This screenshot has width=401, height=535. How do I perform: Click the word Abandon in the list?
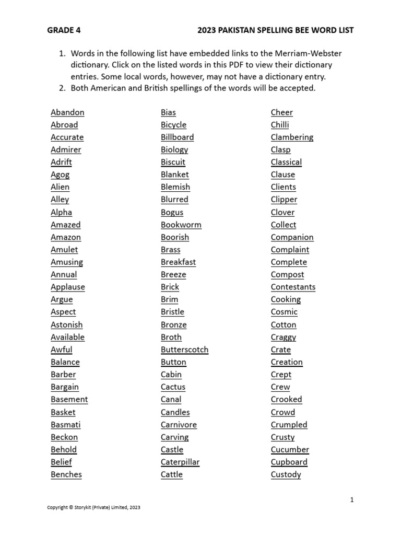[x=67, y=112]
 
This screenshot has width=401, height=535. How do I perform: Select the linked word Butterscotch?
[x=184, y=350]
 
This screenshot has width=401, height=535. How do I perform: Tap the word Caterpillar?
[x=180, y=462]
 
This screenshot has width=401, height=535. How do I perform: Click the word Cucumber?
[x=290, y=449]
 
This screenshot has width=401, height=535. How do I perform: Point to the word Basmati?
[x=66, y=425]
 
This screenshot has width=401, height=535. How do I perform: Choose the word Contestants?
[x=293, y=287]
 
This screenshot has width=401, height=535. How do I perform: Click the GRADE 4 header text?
[x=64, y=30]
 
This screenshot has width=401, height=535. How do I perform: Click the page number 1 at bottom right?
[x=352, y=500]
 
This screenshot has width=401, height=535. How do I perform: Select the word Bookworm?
[x=181, y=225]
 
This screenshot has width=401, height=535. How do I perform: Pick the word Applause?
[x=68, y=287]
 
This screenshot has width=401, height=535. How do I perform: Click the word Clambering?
[x=292, y=137]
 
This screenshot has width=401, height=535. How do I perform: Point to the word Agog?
[x=60, y=175]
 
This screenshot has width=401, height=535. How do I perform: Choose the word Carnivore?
[x=179, y=425]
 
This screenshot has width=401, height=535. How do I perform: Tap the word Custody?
[x=286, y=474]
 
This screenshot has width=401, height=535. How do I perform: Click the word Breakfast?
[x=178, y=262]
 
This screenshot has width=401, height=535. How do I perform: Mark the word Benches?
[x=66, y=474]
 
